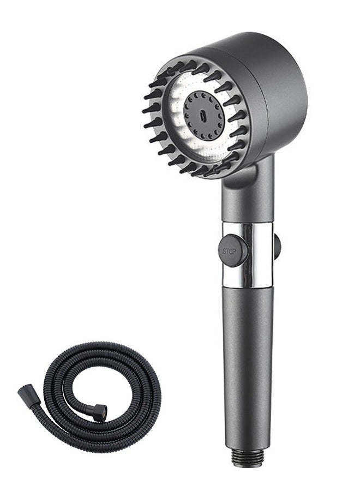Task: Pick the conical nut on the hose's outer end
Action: (x=26, y=392)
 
